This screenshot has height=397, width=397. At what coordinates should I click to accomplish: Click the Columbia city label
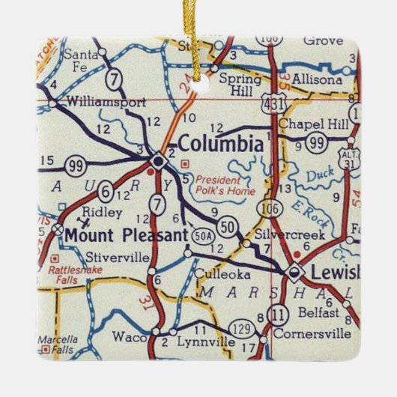pyautogui.click(x=220, y=143)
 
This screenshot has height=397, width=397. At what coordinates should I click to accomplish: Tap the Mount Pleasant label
pyautogui.click(x=125, y=235)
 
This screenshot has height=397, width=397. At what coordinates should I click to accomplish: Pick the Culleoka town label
pyautogui.click(x=216, y=273)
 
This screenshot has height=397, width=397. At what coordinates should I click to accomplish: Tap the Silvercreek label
pyautogui.click(x=281, y=234)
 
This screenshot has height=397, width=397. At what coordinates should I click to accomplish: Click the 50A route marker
pyautogui.click(x=200, y=237)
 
